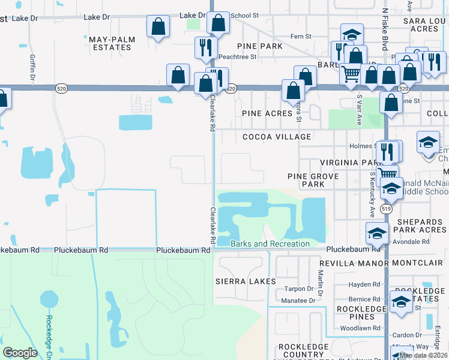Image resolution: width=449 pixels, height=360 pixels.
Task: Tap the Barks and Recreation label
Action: click(270, 244)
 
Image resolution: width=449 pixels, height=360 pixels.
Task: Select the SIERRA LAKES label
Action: click(246, 281)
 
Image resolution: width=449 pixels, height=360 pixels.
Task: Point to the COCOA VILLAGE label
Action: click(277, 137)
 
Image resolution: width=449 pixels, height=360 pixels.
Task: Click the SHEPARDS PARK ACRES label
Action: click(420, 224)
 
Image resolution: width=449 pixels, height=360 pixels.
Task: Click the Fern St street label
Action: click(301, 37)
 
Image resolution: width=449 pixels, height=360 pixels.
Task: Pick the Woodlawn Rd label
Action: click(360, 328)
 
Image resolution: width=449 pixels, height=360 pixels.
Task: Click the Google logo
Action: click(20, 353)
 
